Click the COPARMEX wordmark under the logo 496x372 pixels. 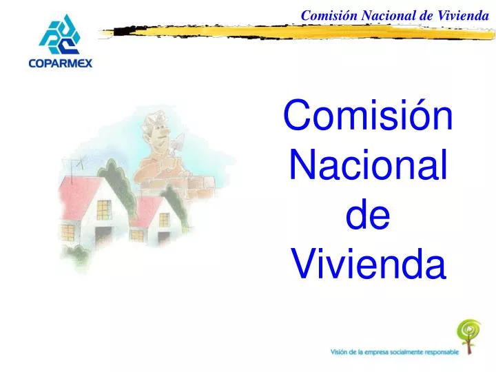[x=61, y=64]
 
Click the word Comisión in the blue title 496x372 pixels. [x=368, y=116]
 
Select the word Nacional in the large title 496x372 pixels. [x=368, y=166]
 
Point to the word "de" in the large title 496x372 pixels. [x=368, y=215]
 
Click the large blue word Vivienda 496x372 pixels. [x=368, y=264]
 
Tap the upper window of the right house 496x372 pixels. [x=164, y=219]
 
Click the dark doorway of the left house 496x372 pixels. [x=103, y=238]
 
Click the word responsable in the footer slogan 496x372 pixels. [x=435, y=351]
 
